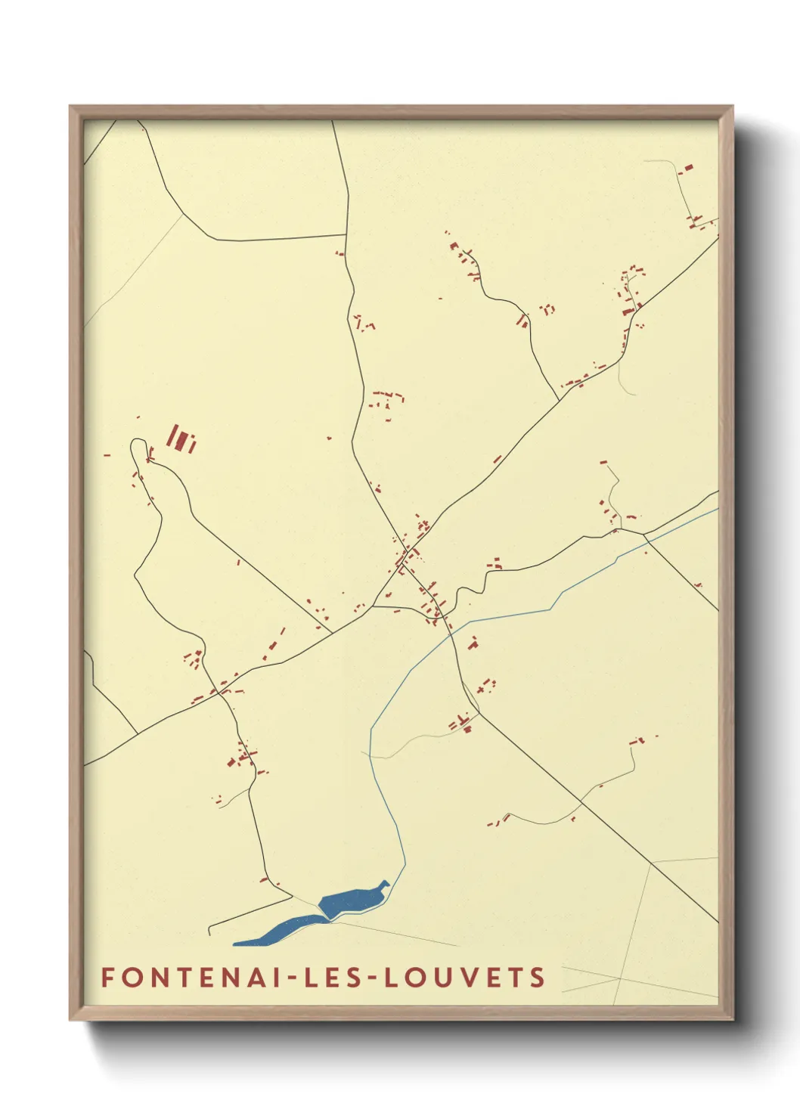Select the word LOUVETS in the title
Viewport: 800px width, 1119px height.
[465, 978]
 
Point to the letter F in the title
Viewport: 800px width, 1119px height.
[107, 978]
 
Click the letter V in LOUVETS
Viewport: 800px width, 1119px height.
[464, 978]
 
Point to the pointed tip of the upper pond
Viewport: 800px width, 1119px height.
[386, 882]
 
